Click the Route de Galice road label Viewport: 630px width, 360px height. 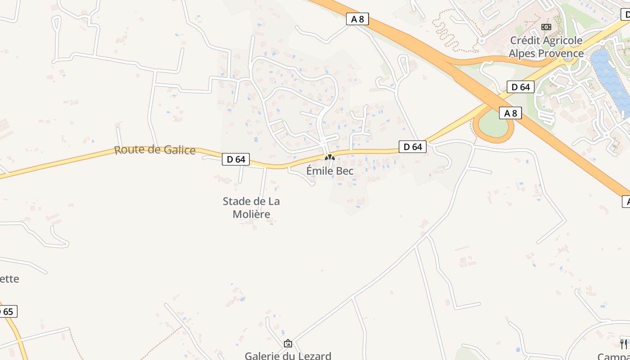coord(155,150)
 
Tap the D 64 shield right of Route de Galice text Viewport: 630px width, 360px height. coord(236,159)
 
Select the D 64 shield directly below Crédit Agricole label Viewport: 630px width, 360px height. coord(521,87)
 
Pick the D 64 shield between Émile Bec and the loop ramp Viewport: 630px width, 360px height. coord(412,147)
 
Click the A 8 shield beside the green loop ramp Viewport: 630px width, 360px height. coord(510,113)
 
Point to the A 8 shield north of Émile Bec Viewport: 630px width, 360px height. coord(358,19)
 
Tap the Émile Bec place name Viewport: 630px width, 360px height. coord(330,171)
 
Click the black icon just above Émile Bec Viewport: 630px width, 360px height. coord(330,157)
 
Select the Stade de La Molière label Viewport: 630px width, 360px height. coord(251,207)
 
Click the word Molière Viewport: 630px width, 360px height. coord(251,214)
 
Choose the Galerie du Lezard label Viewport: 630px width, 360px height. coord(288,355)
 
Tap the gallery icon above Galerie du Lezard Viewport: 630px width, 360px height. coord(288,344)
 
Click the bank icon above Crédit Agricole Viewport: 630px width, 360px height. coord(546,27)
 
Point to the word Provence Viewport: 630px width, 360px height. coord(561,54)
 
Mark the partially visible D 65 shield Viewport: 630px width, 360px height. coord(8,311)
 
